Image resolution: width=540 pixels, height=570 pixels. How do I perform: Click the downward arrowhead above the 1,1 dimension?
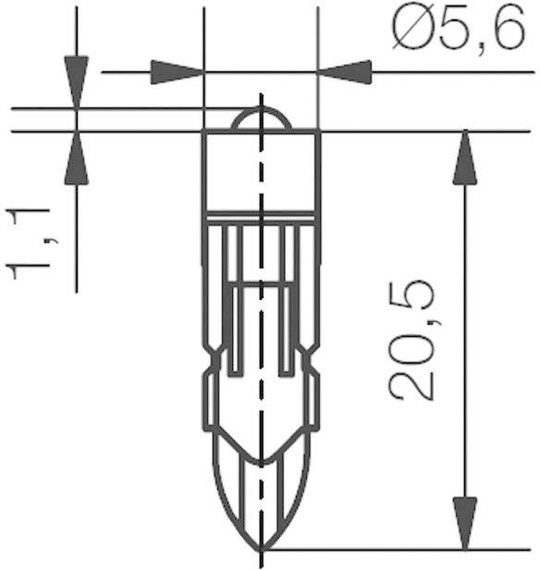pyautogui.click(x=76, y=79)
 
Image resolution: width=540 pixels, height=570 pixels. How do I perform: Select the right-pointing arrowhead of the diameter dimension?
pyautogui.click(x=176, y=72)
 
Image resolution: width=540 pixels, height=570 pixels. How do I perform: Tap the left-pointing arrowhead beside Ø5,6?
pyautogui.click(x=344, y=72)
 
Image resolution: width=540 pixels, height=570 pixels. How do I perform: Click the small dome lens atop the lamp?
pyautogui.click(x=260, y=119)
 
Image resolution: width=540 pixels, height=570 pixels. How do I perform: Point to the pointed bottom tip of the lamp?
pyautogui.click(x=260, y=546)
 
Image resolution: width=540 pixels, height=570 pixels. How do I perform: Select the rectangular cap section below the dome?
pyautogui.click(x=260, y=171)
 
